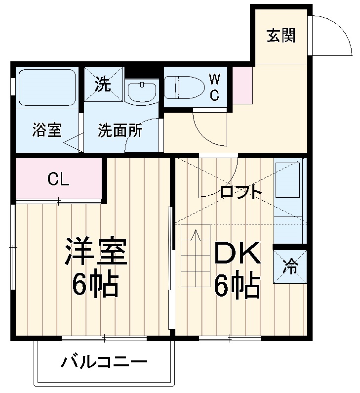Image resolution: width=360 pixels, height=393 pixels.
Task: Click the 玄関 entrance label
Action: coord(281,36)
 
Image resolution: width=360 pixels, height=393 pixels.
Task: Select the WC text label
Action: coord(214,87)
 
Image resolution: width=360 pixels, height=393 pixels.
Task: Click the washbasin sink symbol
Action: coord(141,91)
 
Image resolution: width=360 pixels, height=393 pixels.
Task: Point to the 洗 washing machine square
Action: coord(103,85)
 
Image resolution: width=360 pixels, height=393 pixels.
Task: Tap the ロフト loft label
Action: coord(240,192)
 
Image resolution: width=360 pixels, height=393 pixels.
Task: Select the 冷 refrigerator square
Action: coord(290,267)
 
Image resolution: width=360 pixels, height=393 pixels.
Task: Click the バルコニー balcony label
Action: coord(104,364)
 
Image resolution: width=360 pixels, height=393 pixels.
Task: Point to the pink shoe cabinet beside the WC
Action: coord(242,85)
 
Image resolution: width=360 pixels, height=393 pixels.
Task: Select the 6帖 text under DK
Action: coord(237,286)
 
